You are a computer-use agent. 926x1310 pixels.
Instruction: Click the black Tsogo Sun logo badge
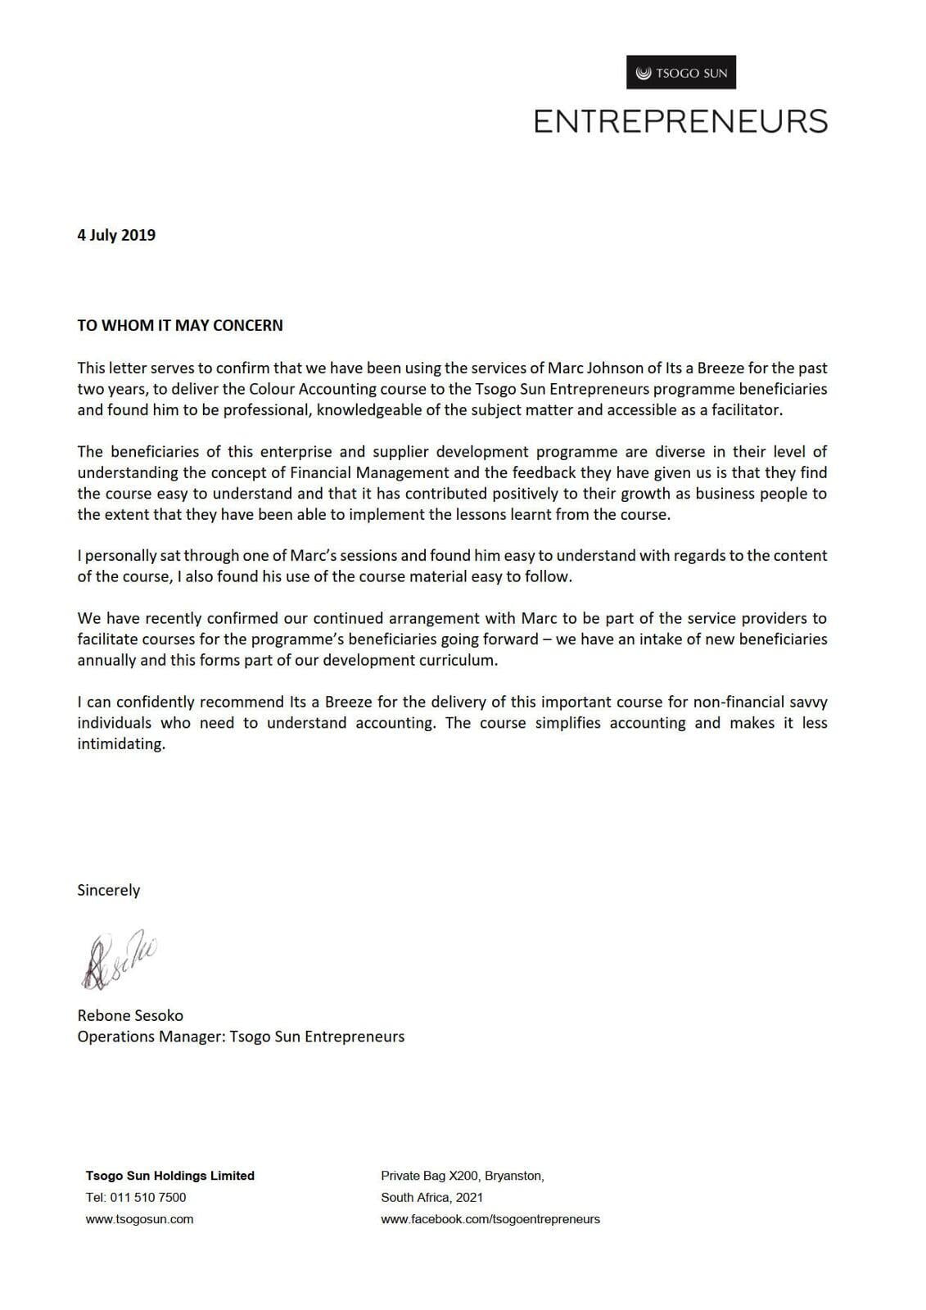click(681, 73)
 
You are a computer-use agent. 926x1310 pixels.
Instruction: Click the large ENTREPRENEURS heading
click(680, 121)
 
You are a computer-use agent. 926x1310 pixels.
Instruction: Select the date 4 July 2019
click(116, 235)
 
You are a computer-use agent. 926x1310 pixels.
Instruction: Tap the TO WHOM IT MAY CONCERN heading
click(180, 325)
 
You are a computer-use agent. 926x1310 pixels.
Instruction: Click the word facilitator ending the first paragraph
click(743, 410)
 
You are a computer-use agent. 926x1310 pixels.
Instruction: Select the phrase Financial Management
click(370, 472)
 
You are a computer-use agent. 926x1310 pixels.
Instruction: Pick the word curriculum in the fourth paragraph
click(458, 660)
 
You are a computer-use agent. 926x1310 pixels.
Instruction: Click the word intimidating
click(121, 744)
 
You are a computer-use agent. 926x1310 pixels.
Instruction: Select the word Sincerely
click(109, 890)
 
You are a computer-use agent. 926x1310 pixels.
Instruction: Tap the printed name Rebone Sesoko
click(130, 1015)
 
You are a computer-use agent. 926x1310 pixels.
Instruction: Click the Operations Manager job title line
click(241, 1037)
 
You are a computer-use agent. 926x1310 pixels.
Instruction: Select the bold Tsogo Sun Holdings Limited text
click(170, 1176)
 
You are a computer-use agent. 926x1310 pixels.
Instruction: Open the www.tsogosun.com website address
click(140, 1219)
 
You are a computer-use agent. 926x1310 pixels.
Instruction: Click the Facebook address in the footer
click(490, 1219)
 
